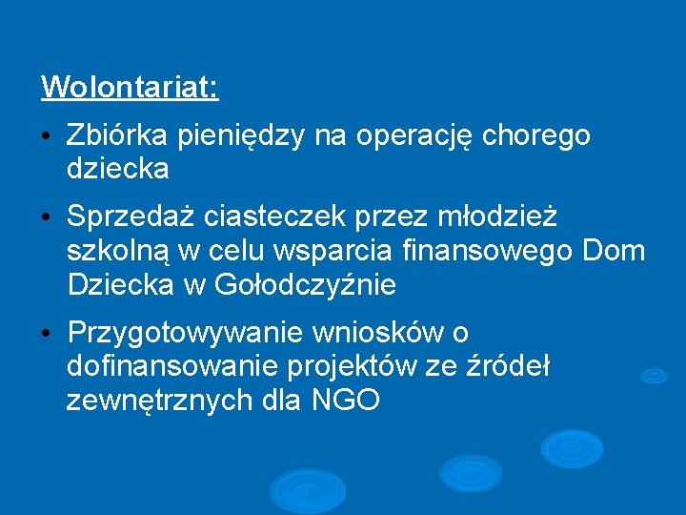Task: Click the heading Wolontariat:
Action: [x=130, y=88]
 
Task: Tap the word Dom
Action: [x=613, y=252]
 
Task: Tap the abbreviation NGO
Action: [x=346, y=401]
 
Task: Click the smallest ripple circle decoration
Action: [x=654, y=376]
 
